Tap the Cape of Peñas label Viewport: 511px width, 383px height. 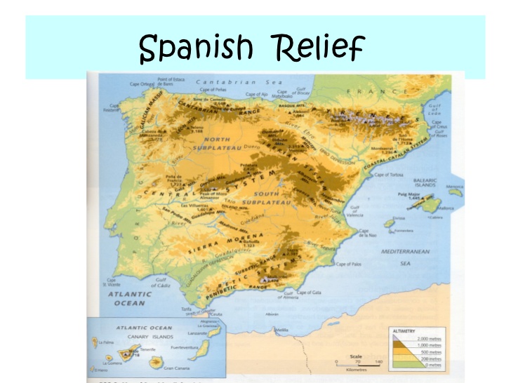(x=211, y=90)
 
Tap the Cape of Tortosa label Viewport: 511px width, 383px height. (x=390, y=175)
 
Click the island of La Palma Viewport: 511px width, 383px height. (x=100, y=344)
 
